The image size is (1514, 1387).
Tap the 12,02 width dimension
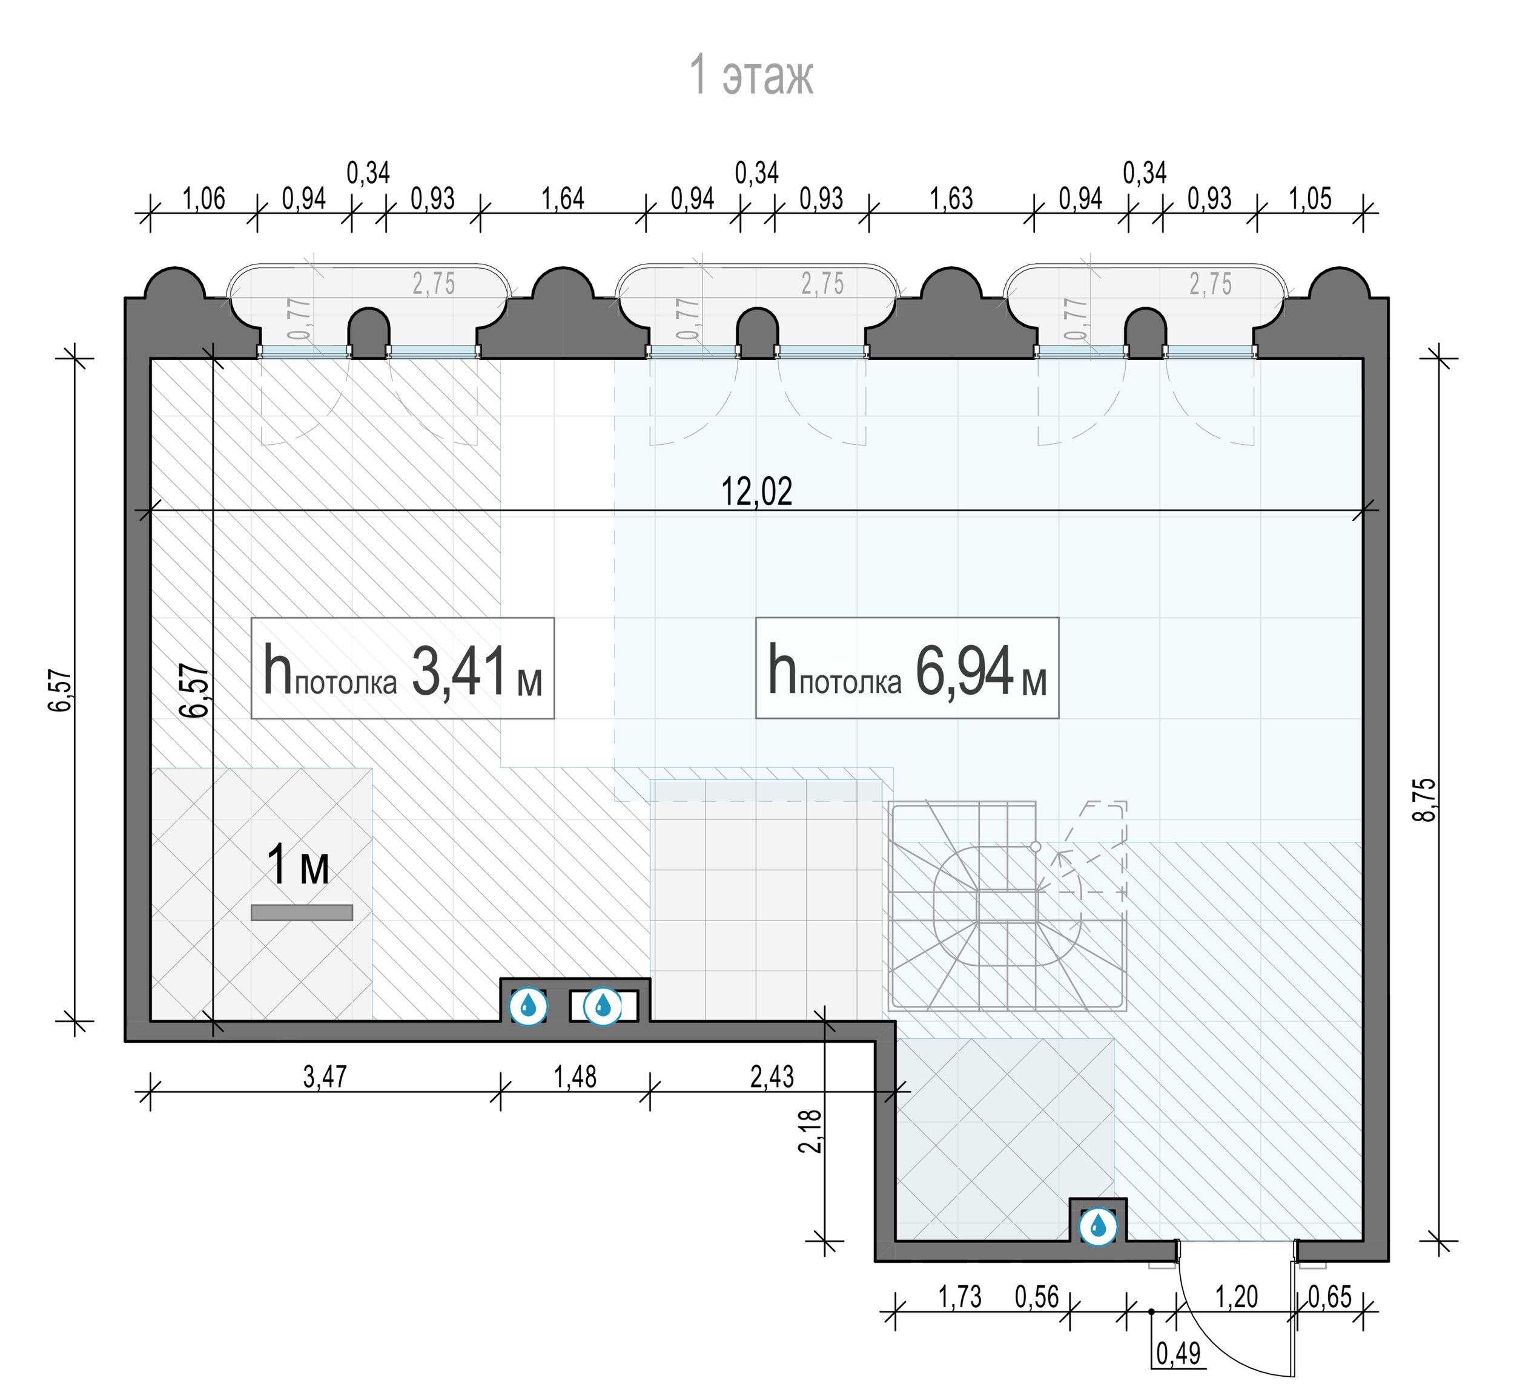tap(756, 491)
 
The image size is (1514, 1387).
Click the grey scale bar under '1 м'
tap(302, 913)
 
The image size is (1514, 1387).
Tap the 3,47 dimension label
tap(325, 1077)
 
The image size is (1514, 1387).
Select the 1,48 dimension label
tap(575, 1077)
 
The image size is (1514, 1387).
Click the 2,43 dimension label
tap(772, 1077)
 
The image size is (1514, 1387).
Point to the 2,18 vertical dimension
tap(812, 1132)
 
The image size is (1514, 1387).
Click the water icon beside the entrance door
tap(1098, 1227)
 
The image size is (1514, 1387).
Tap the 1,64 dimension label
tap(563, 199)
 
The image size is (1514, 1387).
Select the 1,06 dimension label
tap(203, 199)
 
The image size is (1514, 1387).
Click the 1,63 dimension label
tap(951, 199)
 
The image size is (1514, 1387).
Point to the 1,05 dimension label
tap(1311, 199)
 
